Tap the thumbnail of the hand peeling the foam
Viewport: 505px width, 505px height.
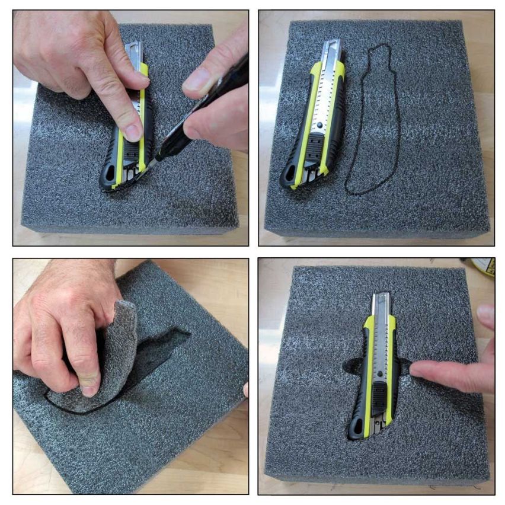tap(89, 382)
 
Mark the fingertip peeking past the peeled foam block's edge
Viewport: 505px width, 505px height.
tap(245, 389)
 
